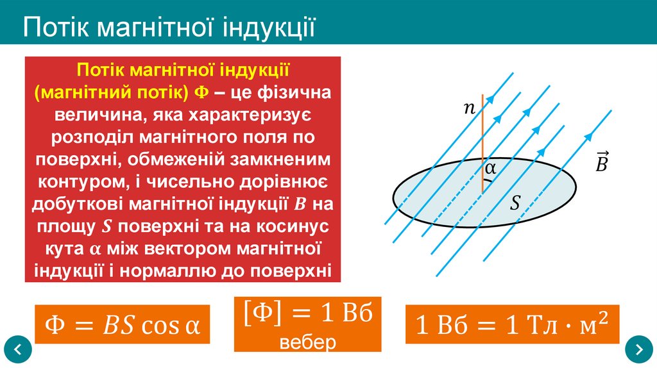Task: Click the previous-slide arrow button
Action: click(18, 349)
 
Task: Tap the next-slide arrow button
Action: click(639, 349)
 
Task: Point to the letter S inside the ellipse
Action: click(515, 204)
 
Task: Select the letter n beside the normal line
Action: click(470, 109)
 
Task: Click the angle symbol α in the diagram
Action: click(491, 168)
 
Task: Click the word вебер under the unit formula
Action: click(308, 342)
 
